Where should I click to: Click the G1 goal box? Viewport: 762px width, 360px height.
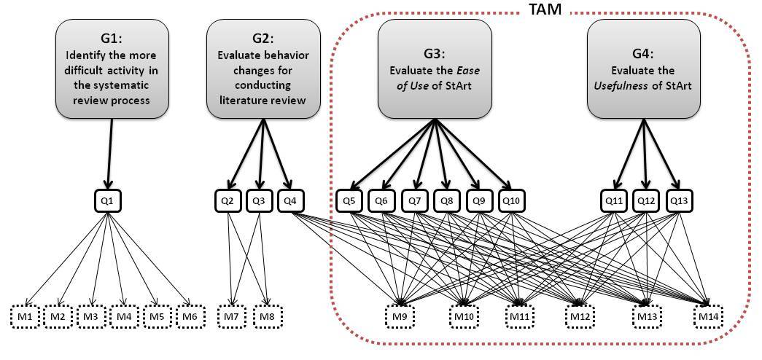pos(112,70)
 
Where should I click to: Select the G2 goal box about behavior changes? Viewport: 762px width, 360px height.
pos(264,70)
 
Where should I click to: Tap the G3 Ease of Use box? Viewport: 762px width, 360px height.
pos(434,70)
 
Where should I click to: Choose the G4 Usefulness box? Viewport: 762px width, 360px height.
pos(643,70)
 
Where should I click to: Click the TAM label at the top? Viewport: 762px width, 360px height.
pos(546,9)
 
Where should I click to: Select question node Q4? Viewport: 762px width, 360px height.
pos(291,200)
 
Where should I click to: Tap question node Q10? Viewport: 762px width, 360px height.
pos(513,200)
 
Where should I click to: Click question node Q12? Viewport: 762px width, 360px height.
pos(643,200)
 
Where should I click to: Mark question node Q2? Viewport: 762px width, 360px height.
pos(227,200)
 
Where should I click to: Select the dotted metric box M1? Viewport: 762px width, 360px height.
pos(25,317)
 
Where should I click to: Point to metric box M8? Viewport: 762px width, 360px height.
pos(268,317)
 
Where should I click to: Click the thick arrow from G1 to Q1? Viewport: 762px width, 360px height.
pos(110,153)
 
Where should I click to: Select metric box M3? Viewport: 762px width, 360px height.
pos(90,317)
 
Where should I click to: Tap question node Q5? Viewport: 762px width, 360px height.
pos(349,200)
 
